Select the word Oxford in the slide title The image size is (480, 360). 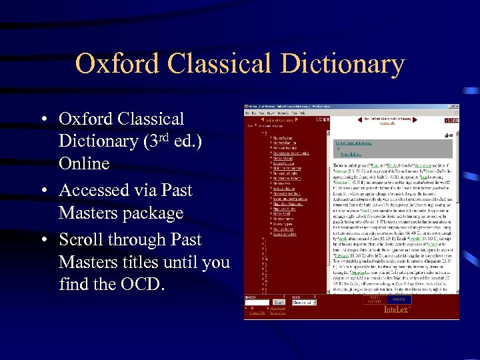pos(117,64)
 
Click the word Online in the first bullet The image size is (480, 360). pos(84,163)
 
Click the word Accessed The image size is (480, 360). pos(92,191)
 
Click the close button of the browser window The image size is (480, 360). pos(457,107)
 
